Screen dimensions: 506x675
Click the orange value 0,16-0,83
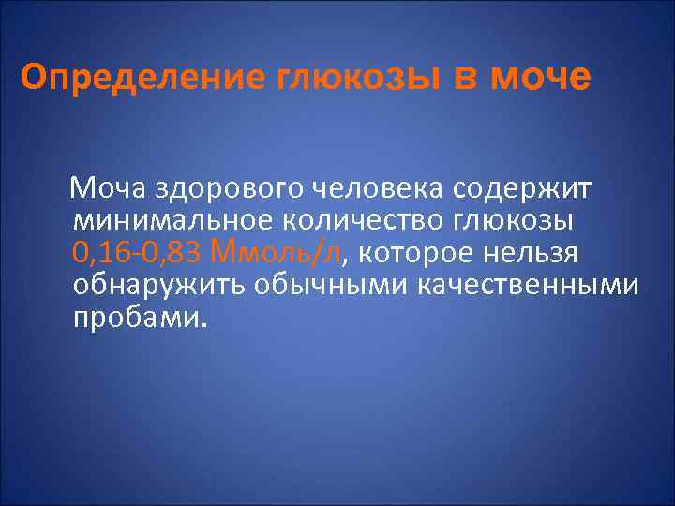click(136, 254)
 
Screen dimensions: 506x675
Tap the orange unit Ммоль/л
click(277, 253)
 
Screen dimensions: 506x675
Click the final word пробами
click(137, 317)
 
